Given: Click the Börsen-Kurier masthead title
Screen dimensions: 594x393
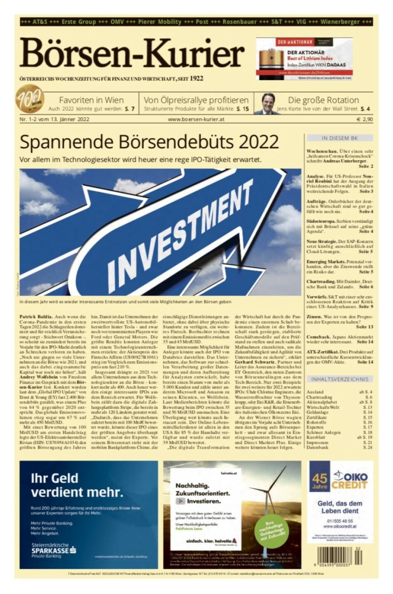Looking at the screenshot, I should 132,54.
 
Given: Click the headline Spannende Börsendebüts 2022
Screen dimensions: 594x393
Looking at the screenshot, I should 149,142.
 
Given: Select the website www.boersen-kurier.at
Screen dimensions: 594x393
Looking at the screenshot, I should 196,119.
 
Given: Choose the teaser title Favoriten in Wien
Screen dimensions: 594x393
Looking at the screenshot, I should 91,100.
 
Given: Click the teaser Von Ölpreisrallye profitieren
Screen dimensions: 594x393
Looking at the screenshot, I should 196,100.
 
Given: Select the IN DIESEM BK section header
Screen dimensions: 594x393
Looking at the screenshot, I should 339,138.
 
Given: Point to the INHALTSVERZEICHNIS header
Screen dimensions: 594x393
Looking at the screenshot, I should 339,379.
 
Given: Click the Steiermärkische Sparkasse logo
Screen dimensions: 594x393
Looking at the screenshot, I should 54,550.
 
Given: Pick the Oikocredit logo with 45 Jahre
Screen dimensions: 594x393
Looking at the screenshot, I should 340,480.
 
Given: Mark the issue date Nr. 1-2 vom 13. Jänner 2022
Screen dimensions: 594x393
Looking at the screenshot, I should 54,119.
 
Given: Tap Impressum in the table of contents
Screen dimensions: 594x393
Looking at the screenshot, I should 318,442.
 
